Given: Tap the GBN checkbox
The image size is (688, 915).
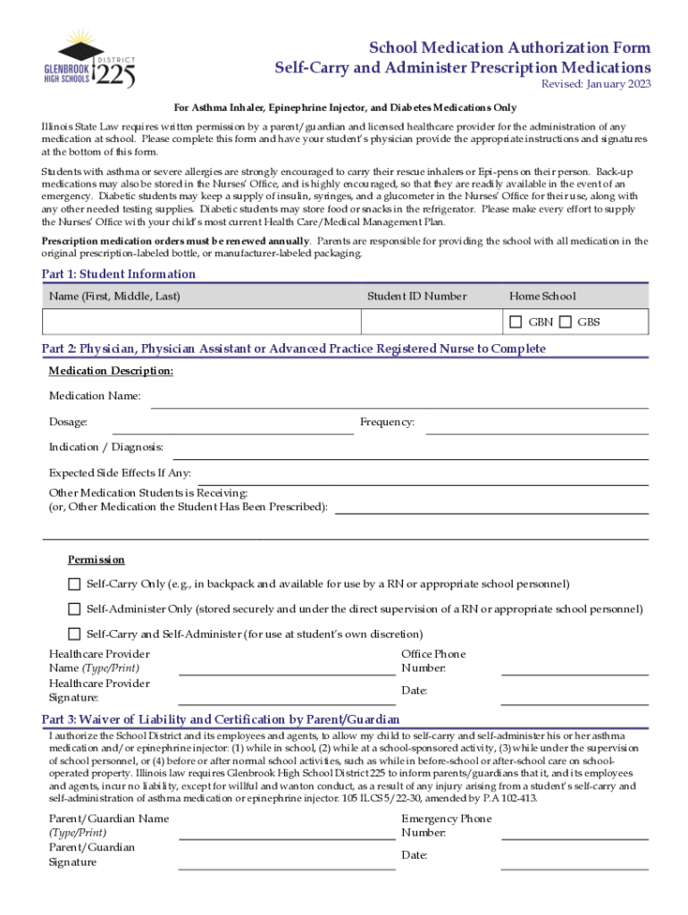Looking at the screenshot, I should [516, 322].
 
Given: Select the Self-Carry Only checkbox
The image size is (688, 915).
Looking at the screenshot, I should [74, 584].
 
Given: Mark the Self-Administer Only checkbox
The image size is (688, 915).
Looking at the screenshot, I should [74, 609].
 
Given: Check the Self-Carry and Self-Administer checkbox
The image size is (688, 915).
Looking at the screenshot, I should [74, 634].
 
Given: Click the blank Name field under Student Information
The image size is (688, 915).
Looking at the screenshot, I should [201, 322].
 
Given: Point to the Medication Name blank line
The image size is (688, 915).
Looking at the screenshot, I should [399, 402].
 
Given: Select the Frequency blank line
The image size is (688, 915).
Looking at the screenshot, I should [536, 427].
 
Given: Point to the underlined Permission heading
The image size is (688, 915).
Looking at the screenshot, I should [96, 560].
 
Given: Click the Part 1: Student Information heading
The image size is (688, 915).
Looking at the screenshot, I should [119, 274].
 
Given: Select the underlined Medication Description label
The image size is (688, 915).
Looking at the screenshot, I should [111, 371].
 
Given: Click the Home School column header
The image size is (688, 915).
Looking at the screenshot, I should [542, 297].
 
